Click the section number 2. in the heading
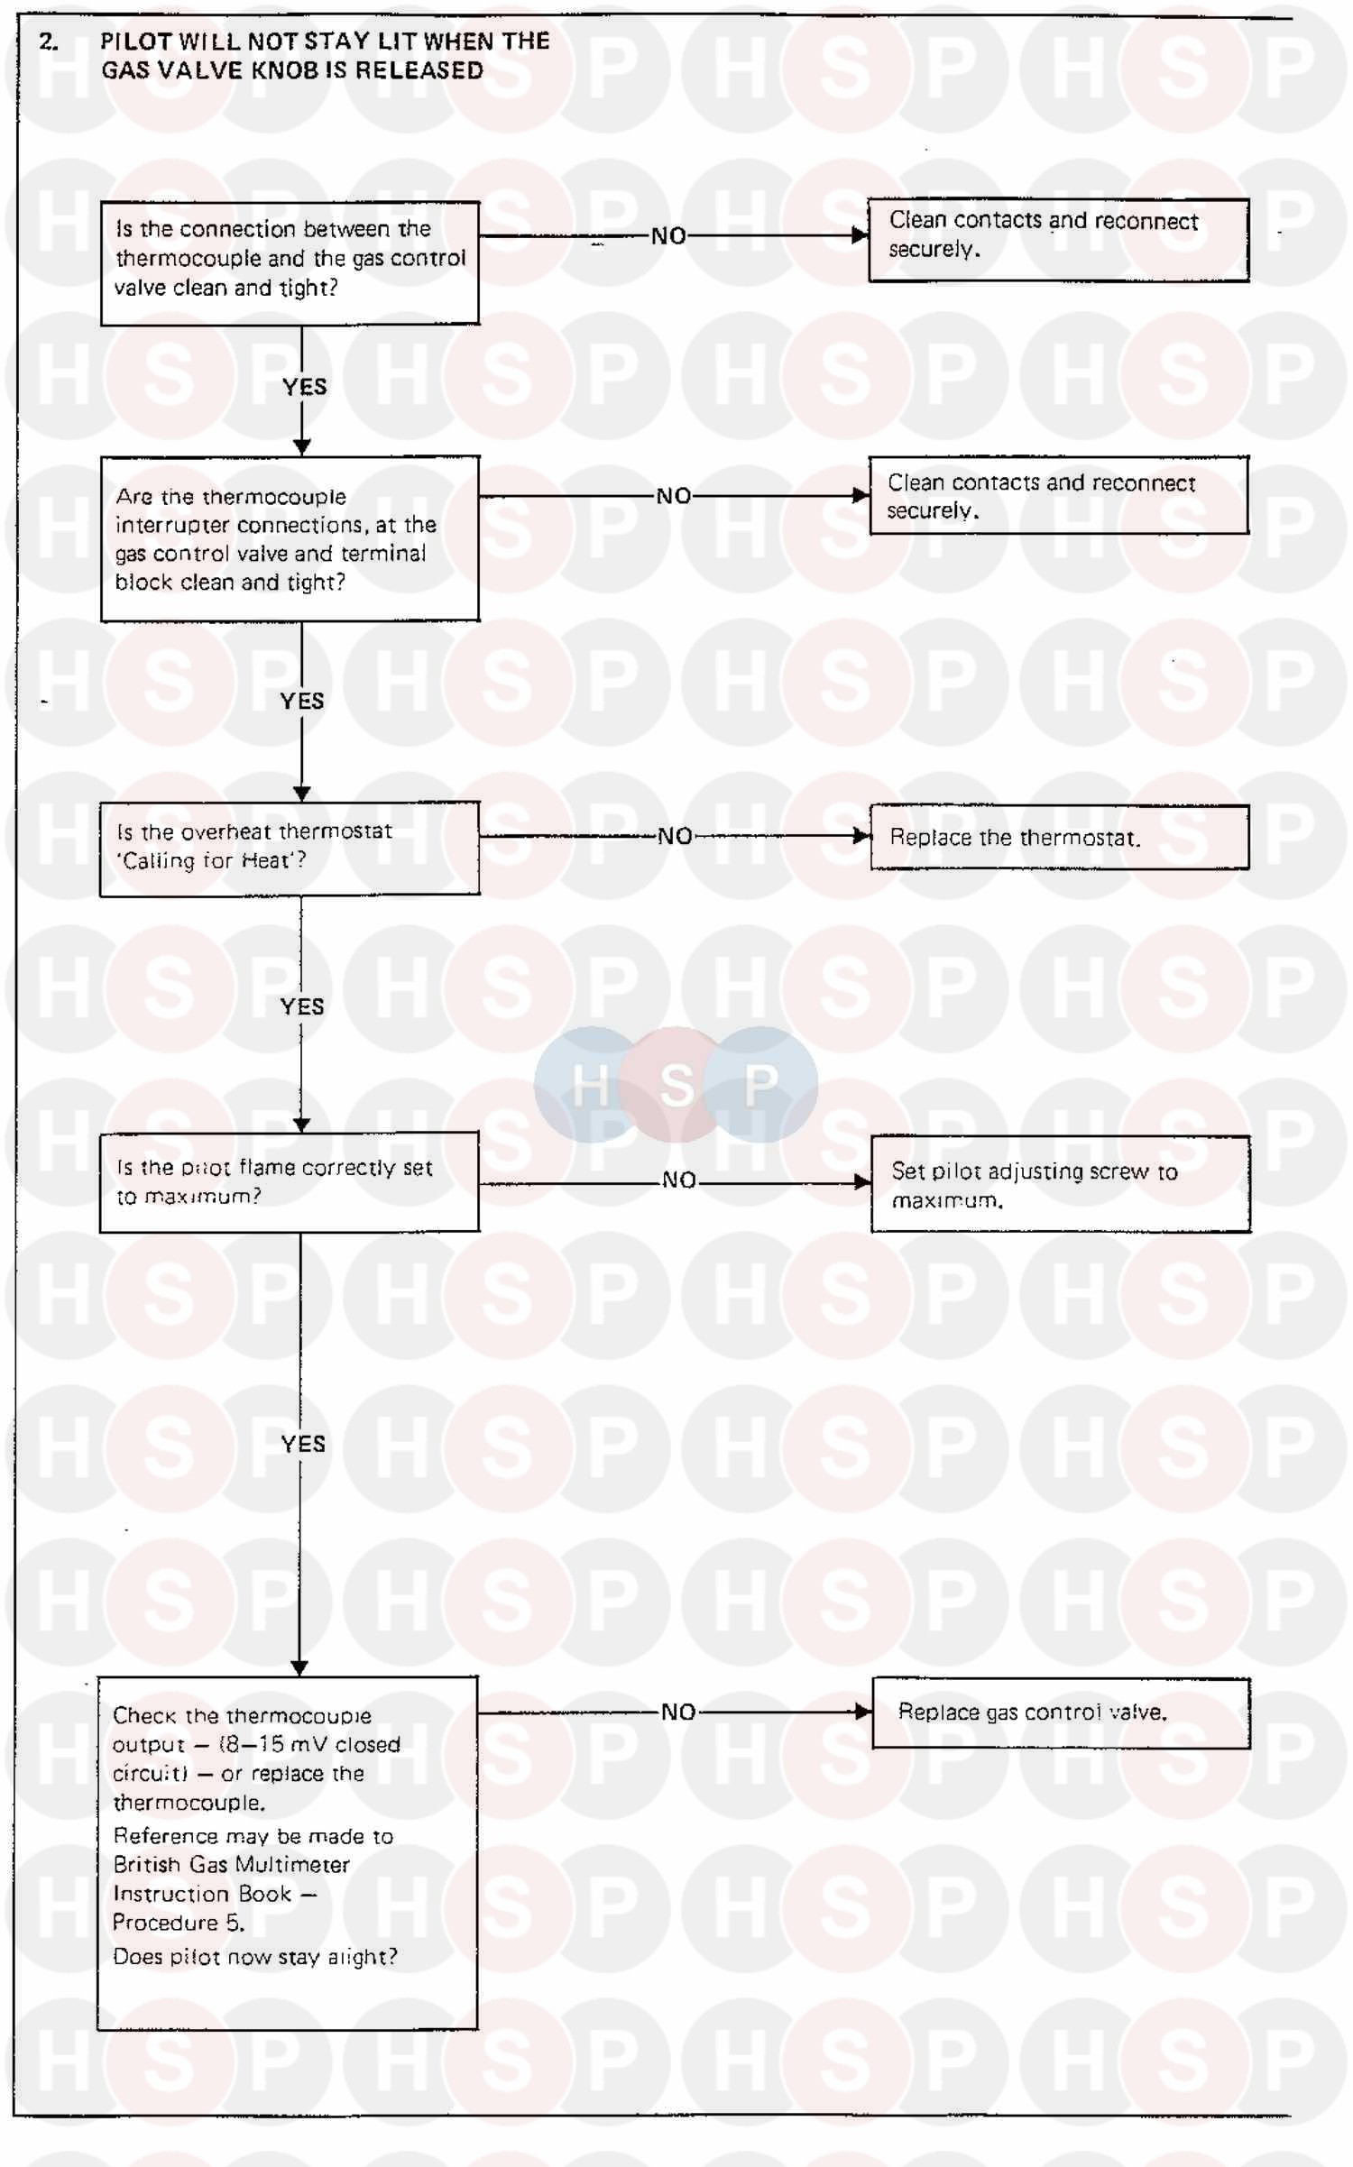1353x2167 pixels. [49, 41]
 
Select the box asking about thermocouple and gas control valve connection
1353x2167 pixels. [290, 262]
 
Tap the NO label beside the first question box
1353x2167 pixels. [668, 236]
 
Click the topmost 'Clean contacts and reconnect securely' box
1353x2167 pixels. [1058, 240]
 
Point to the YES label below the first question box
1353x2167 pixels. [304, 387]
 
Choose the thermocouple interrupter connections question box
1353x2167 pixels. [290, 538]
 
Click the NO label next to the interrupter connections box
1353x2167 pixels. [673, 496]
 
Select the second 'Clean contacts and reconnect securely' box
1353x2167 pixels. [1058, 495]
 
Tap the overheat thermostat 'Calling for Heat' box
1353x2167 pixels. [290, 848]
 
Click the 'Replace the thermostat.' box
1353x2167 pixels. [1059, 837]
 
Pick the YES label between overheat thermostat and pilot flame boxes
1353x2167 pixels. [301, 1006]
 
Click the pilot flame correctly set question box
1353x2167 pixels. [290, 1181]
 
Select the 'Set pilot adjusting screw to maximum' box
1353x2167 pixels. [1060, 1184]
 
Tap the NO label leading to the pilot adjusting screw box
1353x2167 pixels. [678, 1180]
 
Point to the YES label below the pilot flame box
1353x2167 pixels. [302, 1444]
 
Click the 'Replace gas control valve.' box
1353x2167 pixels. [1061, 1712]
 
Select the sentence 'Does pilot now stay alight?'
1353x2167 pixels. [254, 1956]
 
